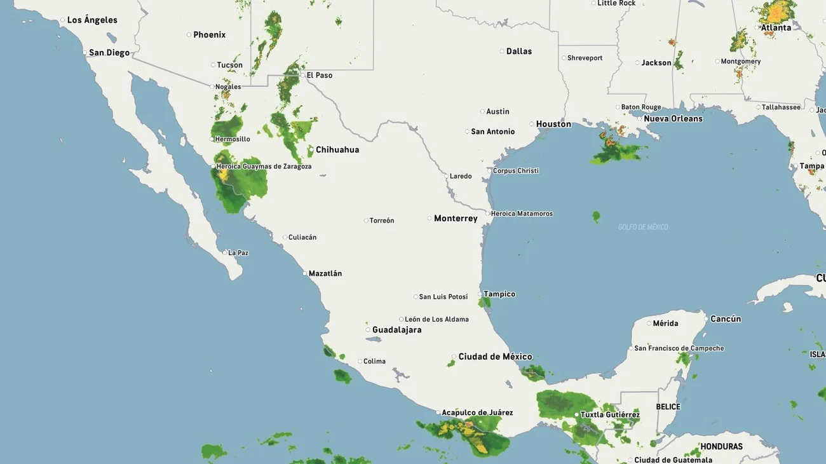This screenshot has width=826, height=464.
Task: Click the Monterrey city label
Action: [x=456, y=219]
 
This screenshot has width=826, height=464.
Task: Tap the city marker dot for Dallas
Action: [x=501, y=51]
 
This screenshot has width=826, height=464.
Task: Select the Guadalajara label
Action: [x=396, y=330]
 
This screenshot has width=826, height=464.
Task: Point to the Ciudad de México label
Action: [x=495, y=357]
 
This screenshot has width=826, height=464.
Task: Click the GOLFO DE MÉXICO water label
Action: [x=643, y=228]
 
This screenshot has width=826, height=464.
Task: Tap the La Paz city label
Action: [x=238, y=253]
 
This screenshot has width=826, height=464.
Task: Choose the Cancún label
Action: [x=726, y=319]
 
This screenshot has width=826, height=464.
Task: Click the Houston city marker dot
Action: [x=531, y=124]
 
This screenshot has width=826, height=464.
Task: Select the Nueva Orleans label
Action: [x=673, y=119]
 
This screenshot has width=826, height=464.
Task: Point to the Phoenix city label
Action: [x=209, y=35]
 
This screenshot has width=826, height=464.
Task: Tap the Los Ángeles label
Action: [x=92, y=20]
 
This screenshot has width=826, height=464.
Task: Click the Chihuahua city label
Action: [x=337, y=150]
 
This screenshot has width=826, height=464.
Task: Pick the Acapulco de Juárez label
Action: [x=477, y=413]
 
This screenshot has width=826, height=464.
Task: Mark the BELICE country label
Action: [x=668, y=407]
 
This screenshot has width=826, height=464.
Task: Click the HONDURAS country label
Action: [x=721, y=447]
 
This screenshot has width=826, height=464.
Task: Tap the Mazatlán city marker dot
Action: [x=304, y=273]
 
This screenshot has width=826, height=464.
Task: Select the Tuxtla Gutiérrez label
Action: [x=610, y=415]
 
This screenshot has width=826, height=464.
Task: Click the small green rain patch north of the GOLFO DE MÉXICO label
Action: [x=596, y=217]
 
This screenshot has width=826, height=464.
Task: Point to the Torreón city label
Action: [x=382, y=221]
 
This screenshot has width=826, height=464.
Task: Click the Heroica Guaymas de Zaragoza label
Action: [x=264, y=167]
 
